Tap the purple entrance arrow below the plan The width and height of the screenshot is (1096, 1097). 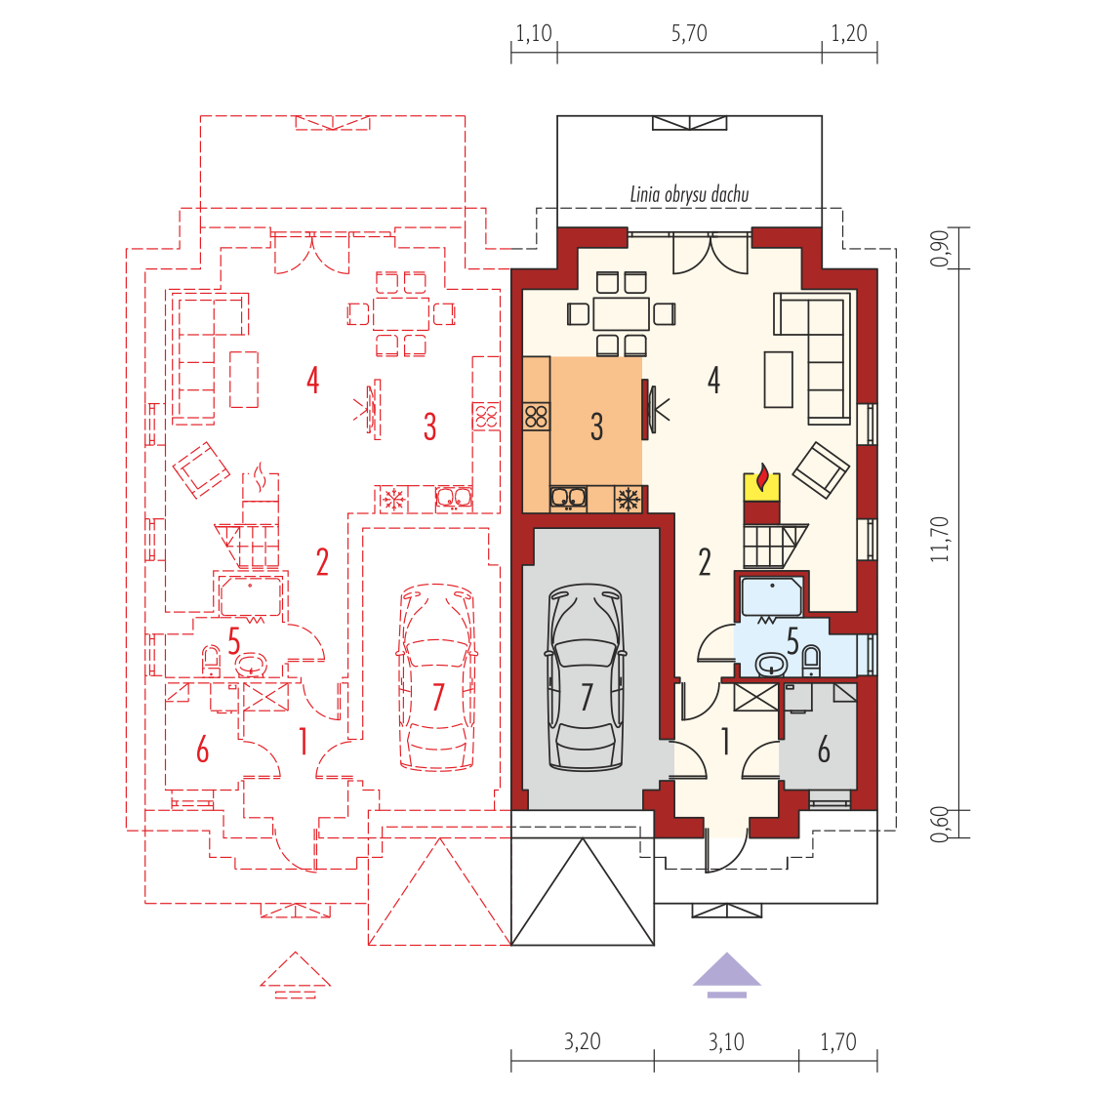coord(727,975)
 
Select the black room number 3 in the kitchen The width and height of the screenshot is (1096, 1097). coord(596,427)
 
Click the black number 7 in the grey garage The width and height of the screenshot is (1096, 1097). coord(587,697)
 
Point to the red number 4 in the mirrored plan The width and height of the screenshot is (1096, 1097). coord(312,381)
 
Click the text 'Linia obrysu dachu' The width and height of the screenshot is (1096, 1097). coord(689,194)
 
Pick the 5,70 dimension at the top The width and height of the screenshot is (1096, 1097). coord(689,33)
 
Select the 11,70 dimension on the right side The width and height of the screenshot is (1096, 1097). coord(939,540)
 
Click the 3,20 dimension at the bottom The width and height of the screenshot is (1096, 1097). coord(583,1041)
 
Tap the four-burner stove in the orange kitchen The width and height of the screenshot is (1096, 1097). coord(537,418)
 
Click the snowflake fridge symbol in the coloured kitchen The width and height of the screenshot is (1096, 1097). coord(628,500)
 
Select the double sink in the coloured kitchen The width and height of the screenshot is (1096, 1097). coord(568,498)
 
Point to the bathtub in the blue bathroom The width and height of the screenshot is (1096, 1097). coord(772,596)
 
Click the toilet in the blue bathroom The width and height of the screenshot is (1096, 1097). coord(811,659)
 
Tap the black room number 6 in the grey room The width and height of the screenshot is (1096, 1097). coord(824,750)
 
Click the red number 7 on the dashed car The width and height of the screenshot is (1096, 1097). coord(438,697)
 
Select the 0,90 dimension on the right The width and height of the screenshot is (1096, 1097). coord(939,248)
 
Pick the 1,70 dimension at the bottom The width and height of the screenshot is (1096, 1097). coord(838,1041)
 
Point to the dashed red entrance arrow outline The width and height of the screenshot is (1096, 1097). coord(295,974)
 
